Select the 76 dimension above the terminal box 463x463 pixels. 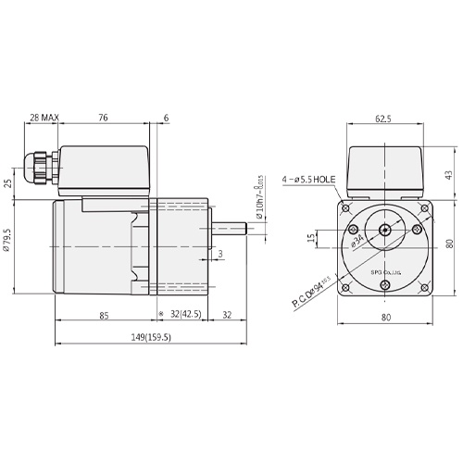point(103,119)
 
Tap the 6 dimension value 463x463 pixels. point(167,119)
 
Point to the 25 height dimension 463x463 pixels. point(8,182)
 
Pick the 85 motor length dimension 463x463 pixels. point(104,316)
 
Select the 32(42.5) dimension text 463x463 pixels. point(186,316)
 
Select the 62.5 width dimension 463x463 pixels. point(383,119)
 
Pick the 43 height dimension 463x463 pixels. point(448,173)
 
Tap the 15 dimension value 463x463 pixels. point(312,239)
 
